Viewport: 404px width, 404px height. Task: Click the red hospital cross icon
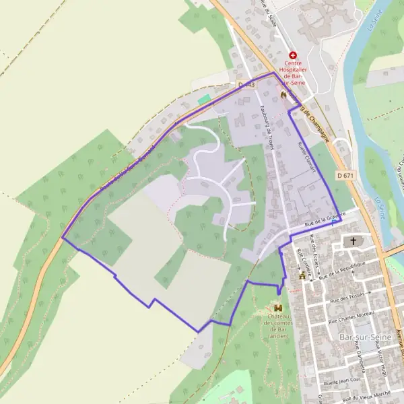293,55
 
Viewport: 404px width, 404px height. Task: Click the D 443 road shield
246,85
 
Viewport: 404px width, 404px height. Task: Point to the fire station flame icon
283,96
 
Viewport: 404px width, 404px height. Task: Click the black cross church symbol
352,241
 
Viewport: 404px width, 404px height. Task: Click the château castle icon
277,307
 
